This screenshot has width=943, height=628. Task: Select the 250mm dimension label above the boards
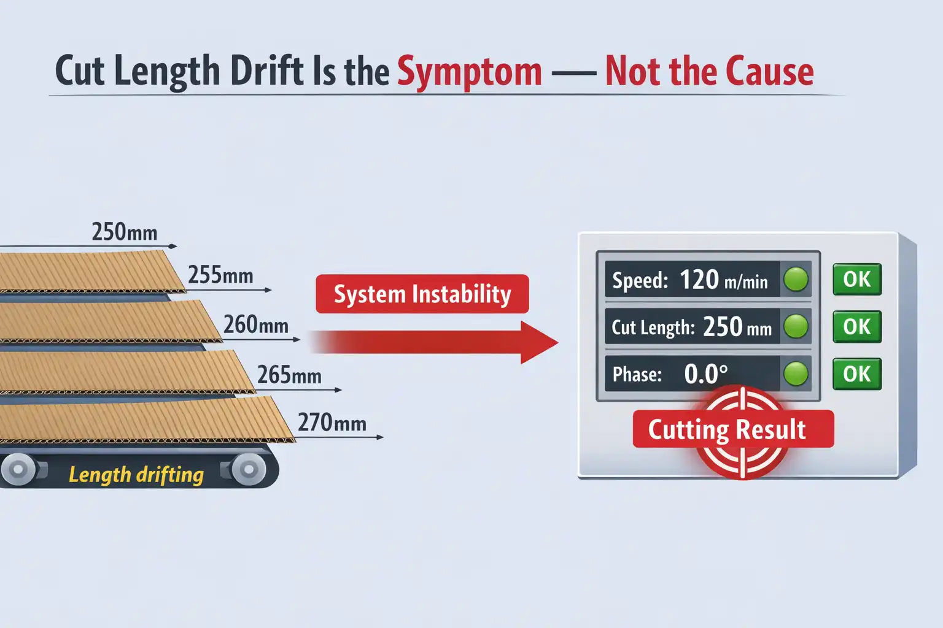(x=125, y=232)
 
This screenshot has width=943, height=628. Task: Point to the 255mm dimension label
(x=220, y=275)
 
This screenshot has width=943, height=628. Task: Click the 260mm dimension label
(x=256, y=324)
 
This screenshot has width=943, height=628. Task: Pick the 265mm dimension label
(x=289, y=375)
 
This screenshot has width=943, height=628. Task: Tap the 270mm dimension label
(x=332, y=423)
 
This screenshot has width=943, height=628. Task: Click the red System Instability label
(x=422, y=294)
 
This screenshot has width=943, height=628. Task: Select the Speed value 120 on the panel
(x=699, y=280)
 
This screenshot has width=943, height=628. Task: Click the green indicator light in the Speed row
(x=796, y=280)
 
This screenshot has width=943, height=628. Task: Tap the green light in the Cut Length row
(x=796, y=326)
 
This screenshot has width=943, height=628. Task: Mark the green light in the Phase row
(x=796, y=373)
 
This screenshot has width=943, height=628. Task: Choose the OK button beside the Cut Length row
(x=857, y=327)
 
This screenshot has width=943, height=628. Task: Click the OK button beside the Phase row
(x=857, y=374)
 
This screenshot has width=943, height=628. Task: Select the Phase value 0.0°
(x=706, y=373)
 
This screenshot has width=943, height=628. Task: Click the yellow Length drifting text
(x=136, y=474)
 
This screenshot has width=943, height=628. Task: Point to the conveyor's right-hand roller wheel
(x=249, y=470)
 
